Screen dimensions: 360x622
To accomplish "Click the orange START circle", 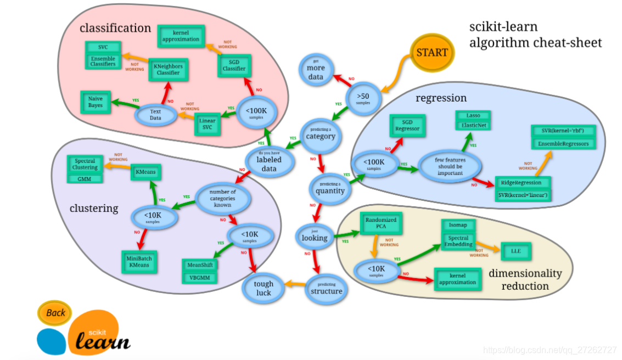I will [432, 53].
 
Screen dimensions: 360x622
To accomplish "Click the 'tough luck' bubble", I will [264, 288].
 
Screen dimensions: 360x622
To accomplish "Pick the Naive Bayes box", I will [96, 102].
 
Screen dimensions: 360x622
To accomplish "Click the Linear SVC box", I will [208, 124].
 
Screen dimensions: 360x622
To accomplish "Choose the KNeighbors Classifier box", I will [169, 69].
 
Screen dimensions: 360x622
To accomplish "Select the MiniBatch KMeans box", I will [138, 262].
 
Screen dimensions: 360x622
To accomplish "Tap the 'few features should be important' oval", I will [450, 166].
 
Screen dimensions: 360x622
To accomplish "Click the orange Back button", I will [55, 313].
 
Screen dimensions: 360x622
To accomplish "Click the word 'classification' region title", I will [115, 28].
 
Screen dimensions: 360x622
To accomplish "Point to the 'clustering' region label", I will [94, 208].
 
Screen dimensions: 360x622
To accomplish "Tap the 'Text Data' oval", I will [155, 115].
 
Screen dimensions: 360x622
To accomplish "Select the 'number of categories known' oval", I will [222, 199].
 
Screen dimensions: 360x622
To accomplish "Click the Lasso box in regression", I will [473, 116].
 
